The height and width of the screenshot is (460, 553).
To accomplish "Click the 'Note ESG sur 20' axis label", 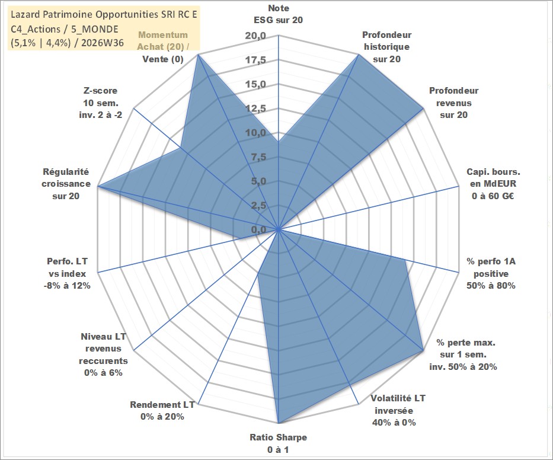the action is [278, 14].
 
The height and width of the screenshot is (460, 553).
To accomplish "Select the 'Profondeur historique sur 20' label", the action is [386, 47].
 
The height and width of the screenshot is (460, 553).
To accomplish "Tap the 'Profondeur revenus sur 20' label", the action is [453, 103].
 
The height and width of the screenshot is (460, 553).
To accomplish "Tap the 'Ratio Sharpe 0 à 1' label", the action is [278, 443].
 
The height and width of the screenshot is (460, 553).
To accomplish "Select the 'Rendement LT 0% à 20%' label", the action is [162, 411].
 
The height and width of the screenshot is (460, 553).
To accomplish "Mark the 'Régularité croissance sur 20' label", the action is [66, 184].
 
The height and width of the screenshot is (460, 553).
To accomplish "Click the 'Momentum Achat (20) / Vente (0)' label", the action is [163, 47].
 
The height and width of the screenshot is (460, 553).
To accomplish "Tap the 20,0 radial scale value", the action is [255, 36].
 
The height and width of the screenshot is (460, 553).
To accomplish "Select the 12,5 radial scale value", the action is [255, 108].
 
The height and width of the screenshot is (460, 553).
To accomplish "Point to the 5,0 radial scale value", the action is [258, 181].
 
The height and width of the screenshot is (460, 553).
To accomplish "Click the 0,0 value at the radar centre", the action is [258, 229].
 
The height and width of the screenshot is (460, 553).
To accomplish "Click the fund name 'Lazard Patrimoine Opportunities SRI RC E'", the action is [104, 14].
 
